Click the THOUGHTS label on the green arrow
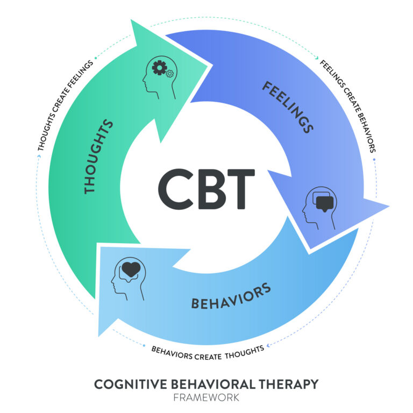pyautogui.click(x=98, y=156)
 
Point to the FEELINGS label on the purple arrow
pyautogui.click(x=288, y=106)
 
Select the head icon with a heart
pyautogui.click(x=127, y=278)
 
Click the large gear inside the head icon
pyautogui.click(x=160, y=68)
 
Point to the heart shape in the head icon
pyautogui.click(x=130, y=268)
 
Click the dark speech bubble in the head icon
pyautogui.click(x=325, y=203)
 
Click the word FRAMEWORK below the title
pyautogui.click(x=206, y=398)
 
